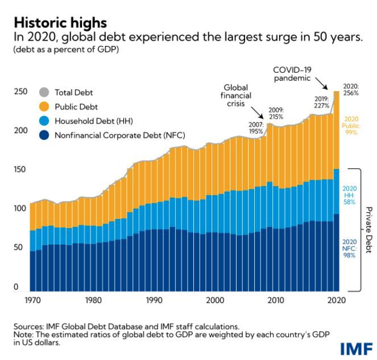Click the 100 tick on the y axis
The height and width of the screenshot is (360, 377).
click(x=19, y=209)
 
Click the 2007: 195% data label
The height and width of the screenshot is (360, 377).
click(x=256, y=127)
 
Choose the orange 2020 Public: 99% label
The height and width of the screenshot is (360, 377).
click(x=351, y=124)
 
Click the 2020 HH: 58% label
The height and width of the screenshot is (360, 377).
click(x=350, y=195)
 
